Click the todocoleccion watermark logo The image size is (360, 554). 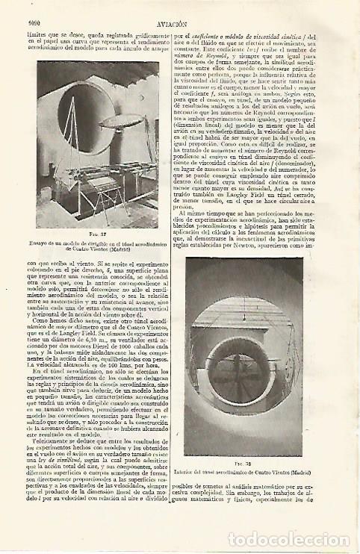coord(296,538)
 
